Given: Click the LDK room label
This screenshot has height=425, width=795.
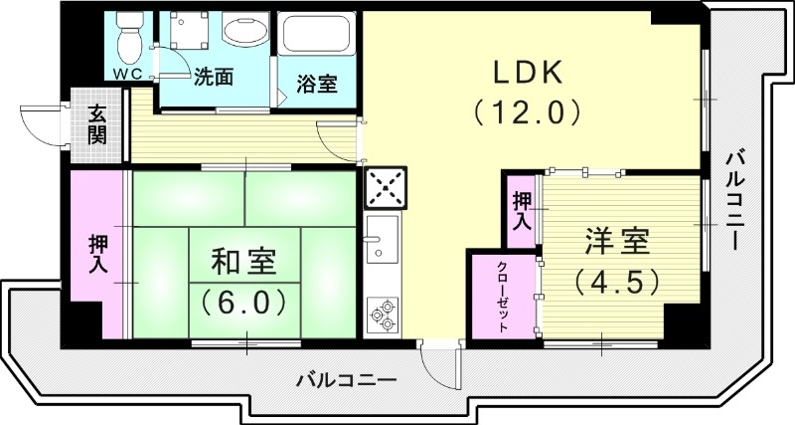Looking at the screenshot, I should (527, 73).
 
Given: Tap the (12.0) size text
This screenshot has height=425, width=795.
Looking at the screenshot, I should (527, 110).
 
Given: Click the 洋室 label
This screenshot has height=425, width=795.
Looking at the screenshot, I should (617, 241).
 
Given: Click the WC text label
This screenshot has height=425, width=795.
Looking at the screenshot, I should (127, 76).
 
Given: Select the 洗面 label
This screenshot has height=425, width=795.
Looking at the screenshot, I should (216, 75).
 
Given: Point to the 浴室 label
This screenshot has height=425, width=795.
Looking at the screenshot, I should (317, 84).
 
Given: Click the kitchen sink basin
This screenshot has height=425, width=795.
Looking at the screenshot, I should (382, 239).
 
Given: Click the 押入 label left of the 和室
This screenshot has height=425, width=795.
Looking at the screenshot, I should (98, 255).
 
